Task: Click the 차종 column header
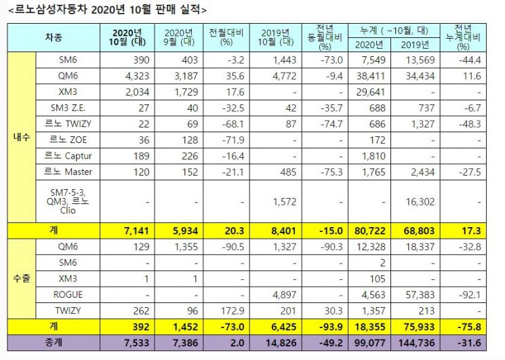pos(54,38)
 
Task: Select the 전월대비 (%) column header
pos(226,37)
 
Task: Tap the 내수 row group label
pos(22,137)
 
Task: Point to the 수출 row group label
pos(22,279)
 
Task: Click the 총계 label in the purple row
pos(54,342)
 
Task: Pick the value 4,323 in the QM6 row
pos(136,76)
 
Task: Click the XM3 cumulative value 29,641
pos(370,92)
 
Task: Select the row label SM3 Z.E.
pos(68,108)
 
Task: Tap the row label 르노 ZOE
pos(68,140)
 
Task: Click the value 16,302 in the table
pos(420,202)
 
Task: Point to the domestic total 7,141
pos(136,231)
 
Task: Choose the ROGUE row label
pos(68,295)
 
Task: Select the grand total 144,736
pos(416,343)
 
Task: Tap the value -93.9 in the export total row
pos(330,327)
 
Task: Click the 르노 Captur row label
pos(68,156)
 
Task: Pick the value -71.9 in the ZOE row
pos(233,140)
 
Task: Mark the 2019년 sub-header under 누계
pos(415,45)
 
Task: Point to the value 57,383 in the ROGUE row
pos(420,295)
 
